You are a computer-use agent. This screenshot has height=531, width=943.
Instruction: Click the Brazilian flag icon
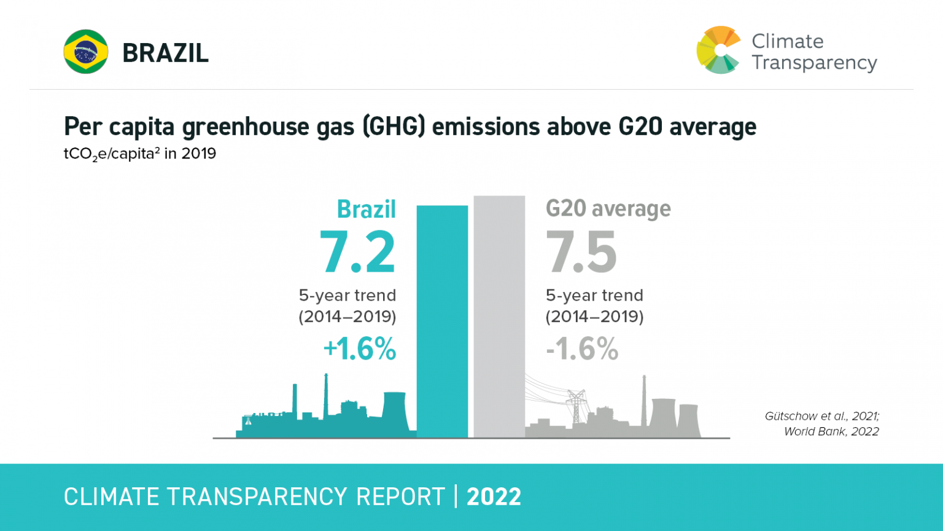[x=86, y=52]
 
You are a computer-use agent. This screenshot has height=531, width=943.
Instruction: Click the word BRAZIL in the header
[x=165, y=53]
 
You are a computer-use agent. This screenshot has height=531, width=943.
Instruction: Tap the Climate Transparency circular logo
[x=718, y=50]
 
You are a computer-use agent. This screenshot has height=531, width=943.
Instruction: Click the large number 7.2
[x=357, y=253]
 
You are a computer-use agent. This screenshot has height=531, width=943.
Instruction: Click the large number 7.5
[x=581, y=253]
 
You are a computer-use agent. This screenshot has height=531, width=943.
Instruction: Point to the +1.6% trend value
[x=360, y=349]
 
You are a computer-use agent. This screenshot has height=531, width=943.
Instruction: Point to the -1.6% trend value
[x=582, y=349]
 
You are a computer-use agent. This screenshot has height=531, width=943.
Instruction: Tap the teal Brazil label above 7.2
[x=366, y=210]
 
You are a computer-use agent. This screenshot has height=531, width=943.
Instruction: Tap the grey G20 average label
[x=608, y=209]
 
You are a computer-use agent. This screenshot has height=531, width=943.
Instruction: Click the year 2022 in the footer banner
[x=494, y=497]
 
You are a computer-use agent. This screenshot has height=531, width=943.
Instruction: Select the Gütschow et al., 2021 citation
[x=821, y=416]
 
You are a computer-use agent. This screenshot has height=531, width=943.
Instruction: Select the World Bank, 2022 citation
[x=831, y=431]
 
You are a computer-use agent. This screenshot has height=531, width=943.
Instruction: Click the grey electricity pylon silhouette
[x=576, y=406]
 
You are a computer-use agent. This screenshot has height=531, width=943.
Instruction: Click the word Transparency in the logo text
[x=814, y=63]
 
